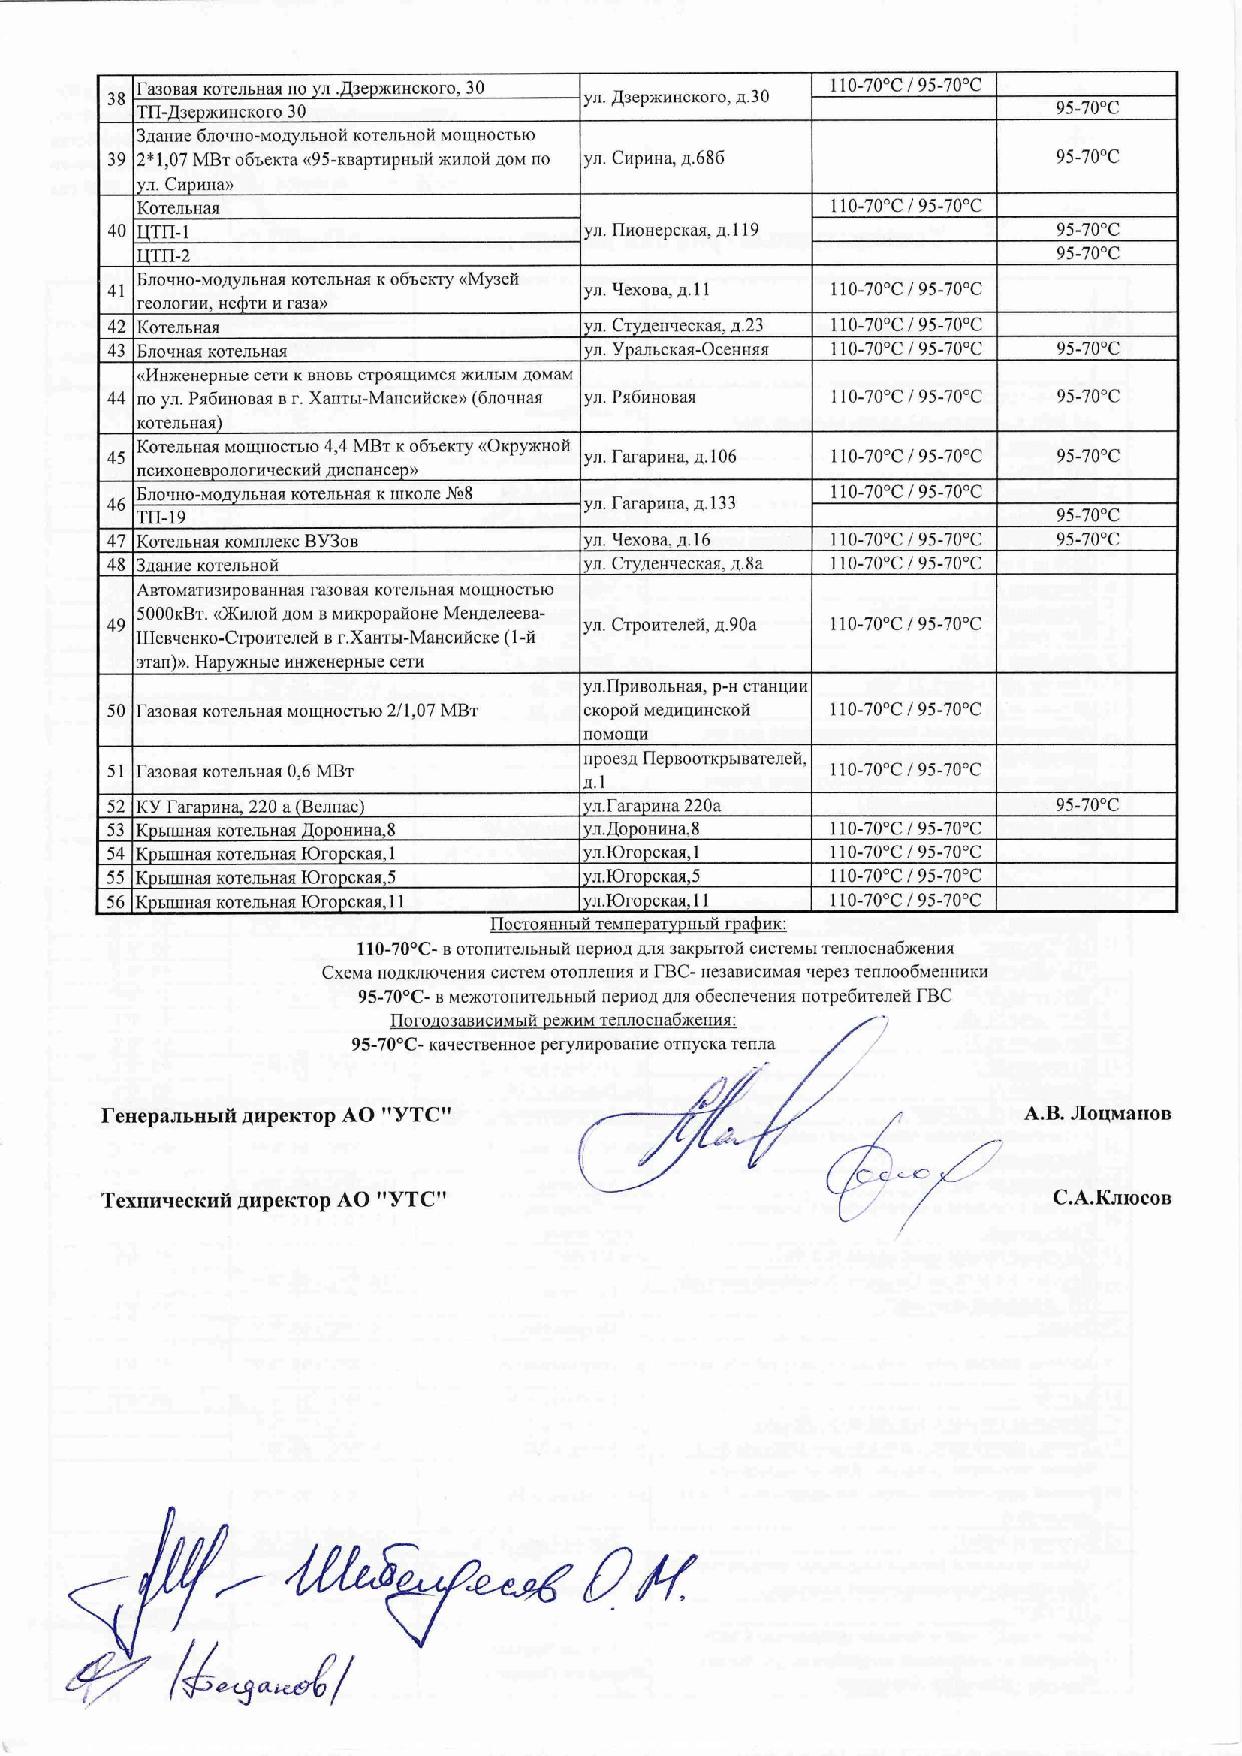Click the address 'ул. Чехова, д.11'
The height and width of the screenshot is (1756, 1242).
click(x=650, y=290)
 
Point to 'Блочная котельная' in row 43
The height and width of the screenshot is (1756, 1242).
click(x=211, y=351)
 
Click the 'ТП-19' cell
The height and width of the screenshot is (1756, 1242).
click(x=161, y=517)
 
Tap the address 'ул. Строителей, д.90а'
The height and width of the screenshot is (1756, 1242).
click(x=670, y=625)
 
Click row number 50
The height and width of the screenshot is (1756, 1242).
click(x=116, y=711)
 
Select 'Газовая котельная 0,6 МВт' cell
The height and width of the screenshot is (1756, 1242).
click(x=245, y=771)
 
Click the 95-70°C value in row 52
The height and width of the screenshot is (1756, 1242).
click(x=1087, y=805)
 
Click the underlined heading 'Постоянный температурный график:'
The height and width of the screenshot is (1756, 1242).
click(x=638, y=924)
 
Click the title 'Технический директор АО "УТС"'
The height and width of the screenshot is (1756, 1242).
click(x=275, y=1200)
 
